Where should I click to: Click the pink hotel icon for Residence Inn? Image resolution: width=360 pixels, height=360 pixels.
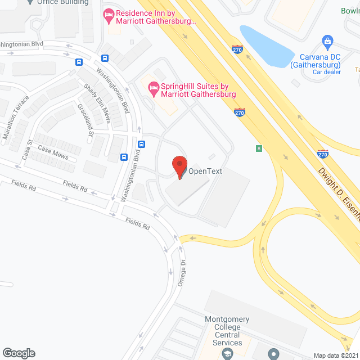109,17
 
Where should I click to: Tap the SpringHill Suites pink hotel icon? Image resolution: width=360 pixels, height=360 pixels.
152,87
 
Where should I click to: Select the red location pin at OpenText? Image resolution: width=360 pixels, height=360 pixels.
179,167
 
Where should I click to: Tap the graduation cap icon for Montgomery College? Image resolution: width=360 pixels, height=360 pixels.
227,353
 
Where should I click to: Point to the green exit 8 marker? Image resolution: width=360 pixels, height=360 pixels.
259,148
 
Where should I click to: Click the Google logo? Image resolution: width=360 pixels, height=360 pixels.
18,353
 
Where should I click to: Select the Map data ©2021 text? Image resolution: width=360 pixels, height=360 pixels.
335,355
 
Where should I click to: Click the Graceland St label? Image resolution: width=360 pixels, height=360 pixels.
85,120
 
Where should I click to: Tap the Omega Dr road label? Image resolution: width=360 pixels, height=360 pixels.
181,273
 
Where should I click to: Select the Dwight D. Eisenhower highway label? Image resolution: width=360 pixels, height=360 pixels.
338,188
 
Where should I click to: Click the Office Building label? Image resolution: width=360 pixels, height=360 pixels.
63,2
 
